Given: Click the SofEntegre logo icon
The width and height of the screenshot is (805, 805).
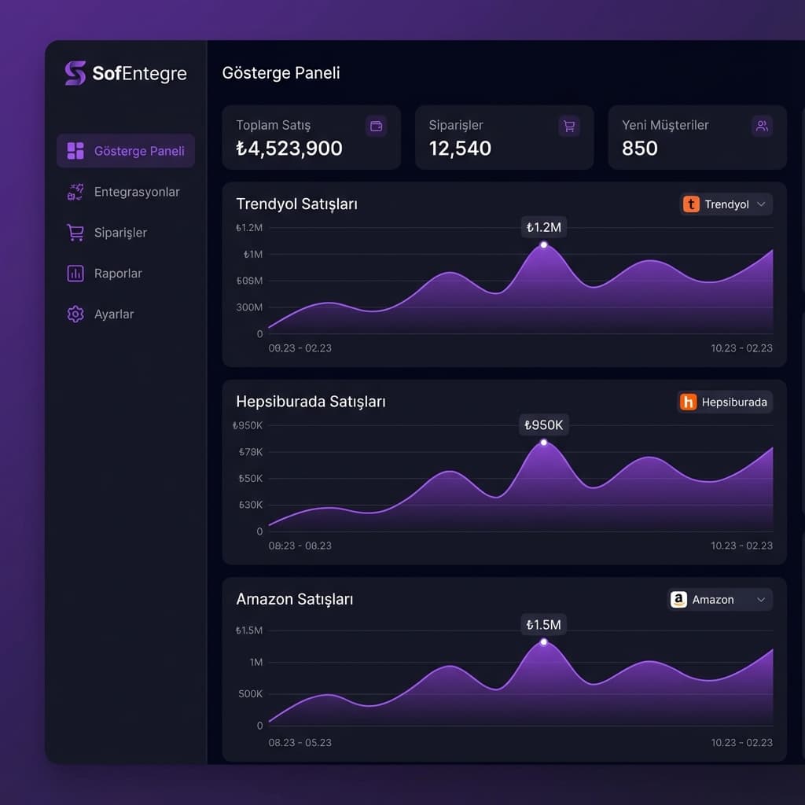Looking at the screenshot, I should (75, 73).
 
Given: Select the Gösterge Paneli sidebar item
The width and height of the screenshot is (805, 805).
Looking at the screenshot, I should (126, 151).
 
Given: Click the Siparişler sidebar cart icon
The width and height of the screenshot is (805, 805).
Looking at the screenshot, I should (75, 233).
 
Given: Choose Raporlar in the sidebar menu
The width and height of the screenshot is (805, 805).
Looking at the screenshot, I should (118, 274).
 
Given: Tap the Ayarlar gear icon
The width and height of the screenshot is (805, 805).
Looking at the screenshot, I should (75, 314).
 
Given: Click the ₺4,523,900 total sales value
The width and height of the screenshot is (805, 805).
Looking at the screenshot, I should (289, 149).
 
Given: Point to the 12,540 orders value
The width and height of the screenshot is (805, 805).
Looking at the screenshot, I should (460, 149).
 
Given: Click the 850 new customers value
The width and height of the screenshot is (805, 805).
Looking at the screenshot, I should (639, 149).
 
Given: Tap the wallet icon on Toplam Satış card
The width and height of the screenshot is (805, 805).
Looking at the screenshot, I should (377, 126).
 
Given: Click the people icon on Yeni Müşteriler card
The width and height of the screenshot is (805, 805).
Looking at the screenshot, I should (761, 126).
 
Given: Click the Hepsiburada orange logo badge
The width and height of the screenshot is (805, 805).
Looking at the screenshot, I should (688, 402).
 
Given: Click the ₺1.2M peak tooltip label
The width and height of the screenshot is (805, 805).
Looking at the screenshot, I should (543, 228).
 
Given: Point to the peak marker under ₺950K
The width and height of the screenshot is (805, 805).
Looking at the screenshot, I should (543, 443).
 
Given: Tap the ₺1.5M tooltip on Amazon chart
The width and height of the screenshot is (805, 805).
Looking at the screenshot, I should (543, 625).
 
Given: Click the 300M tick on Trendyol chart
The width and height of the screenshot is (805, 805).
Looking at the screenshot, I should (249, 307).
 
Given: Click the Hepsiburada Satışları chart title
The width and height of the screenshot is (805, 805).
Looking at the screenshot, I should (311, 402).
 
